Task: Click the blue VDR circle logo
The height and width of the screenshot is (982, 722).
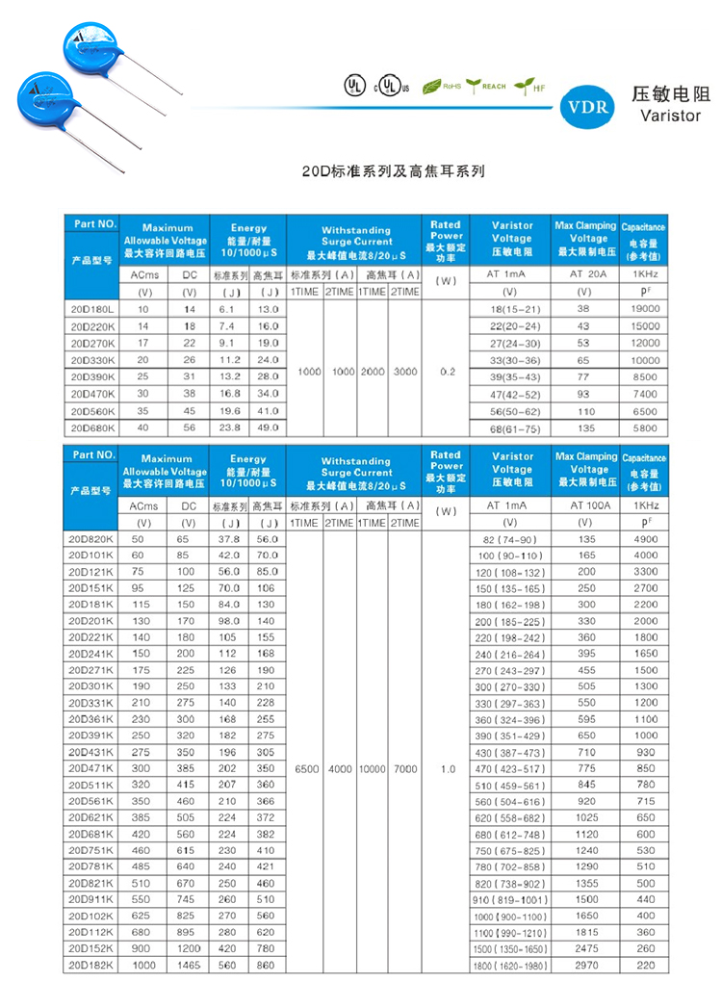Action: [x=590, y=107]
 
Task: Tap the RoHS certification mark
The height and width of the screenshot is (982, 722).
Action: [x=442, y=87]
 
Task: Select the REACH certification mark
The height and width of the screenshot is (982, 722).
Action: [x=486, y=87]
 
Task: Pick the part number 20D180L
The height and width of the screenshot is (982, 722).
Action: [x=91, y=309]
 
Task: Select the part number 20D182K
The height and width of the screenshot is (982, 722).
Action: [x=91, y=965]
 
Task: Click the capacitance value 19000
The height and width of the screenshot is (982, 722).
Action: [x=644, y=309]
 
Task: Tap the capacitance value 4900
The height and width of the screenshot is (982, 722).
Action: [x=644, y=540]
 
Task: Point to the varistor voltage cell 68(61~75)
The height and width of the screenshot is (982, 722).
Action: [x=511, y=428]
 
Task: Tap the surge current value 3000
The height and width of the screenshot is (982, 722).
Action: [x=405, y=371]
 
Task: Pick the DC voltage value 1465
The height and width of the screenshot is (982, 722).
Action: [x=189, y=965]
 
